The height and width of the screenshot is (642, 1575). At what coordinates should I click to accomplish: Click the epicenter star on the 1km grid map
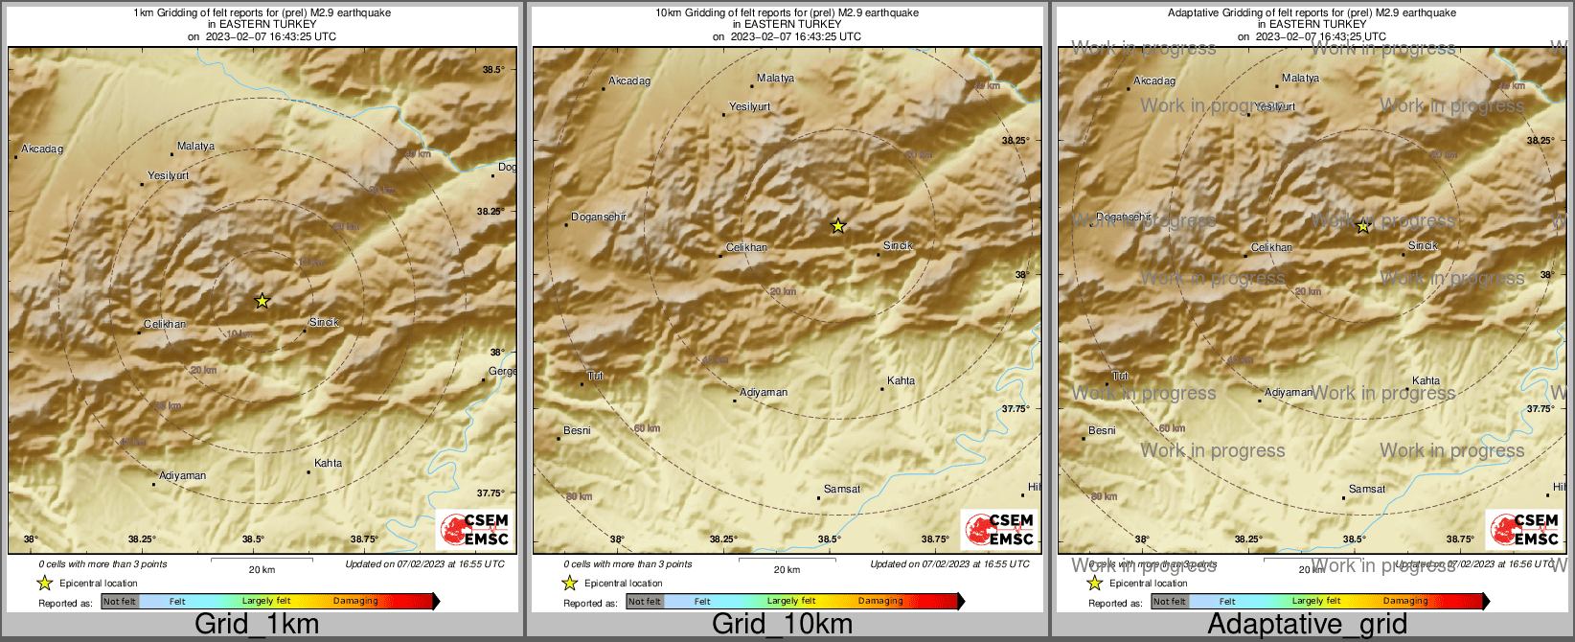click(x=262, y=301)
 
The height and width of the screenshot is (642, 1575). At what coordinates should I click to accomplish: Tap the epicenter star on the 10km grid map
click(x=838, y=226)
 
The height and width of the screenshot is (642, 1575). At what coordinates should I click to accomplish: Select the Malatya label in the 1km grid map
click(x=195, y=147)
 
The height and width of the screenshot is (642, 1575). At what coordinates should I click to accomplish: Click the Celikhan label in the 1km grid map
click(x=165, y=324)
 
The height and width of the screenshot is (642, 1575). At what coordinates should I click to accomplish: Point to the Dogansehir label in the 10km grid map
click(x=599, y=217)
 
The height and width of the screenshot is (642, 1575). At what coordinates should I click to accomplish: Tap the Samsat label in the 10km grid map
click(x=842, y=489)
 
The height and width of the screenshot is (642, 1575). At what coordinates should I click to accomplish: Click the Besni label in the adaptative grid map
click(x=1102, y=430)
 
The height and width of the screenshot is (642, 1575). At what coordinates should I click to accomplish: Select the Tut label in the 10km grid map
click(x=595, y=376)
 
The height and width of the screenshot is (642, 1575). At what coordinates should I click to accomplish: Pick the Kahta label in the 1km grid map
click(x=328, y=463)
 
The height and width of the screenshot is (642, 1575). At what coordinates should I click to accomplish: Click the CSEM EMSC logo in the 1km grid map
click(x=473, y=529)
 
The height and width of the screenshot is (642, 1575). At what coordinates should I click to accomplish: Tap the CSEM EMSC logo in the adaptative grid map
click(x=1523, y=529)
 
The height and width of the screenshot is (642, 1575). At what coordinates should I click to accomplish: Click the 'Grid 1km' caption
click(x=256, y=624)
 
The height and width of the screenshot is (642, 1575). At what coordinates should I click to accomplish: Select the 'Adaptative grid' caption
click(x=1307, y=624)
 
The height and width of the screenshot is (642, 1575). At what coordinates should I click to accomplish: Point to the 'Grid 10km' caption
click(x=782, y=624)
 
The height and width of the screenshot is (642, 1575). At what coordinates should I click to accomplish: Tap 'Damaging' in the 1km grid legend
click(x=355, y=601)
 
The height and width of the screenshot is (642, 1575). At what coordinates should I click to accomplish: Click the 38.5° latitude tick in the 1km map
click(x=493, y=70)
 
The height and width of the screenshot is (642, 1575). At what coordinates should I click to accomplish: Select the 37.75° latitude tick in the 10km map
click(x=1016, y=408)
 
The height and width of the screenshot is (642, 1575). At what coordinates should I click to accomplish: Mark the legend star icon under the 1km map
click(x=44, y=583)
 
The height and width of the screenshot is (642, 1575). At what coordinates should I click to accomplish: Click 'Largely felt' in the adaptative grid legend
click(x=1316, y=601)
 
